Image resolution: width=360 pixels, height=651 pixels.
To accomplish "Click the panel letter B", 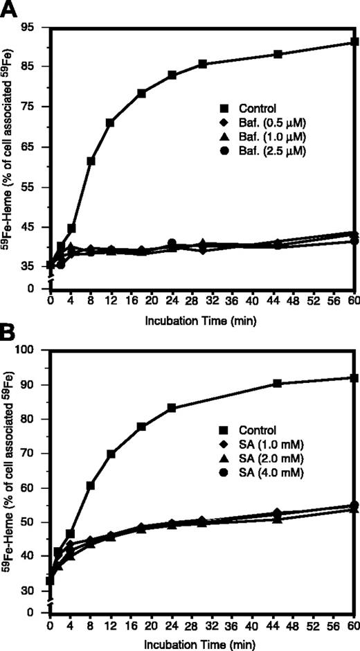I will pos(11,335).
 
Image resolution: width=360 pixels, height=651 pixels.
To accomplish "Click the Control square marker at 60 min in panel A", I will pos(354,42).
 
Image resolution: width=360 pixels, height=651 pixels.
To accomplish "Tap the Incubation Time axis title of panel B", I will pos(201,643).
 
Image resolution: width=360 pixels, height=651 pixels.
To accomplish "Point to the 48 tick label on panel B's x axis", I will pos(294,626).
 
